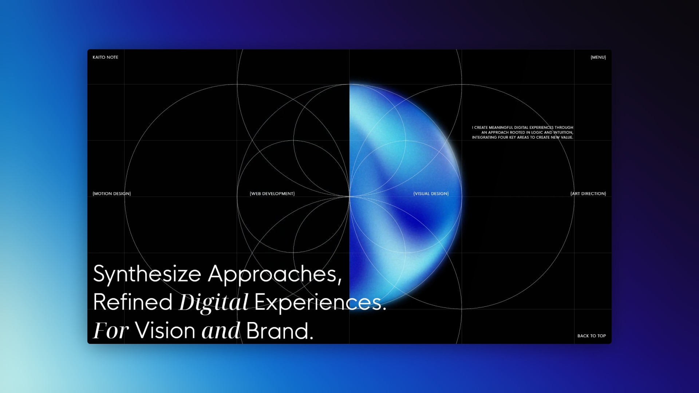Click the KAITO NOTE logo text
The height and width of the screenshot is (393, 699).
pyautogui.click(x=105, y=57)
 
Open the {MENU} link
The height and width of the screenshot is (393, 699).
pyautogui.click(x=598, y=57)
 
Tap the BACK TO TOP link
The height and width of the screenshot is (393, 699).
pyautogui.click(x=592, y=336)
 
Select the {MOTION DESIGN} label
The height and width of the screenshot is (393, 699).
pyautogui.click(x=112, y=194)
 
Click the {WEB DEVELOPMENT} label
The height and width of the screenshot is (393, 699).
pyautogui.click(x=272, y=194)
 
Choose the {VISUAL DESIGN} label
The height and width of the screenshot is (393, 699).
pyautogui.click(x=431, y=194)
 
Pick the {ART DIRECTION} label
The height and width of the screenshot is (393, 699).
pyautogui.click(x=588, y=194)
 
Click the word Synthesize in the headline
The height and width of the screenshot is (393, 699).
pyautogui.click(x=147, y=274)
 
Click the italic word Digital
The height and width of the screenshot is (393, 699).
pyautogui.click(x=214, y=303)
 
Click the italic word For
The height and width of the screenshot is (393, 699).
pyautogui.click(x=111, y=330)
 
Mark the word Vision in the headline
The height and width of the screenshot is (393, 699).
pyautogui.click(x=165, y=330)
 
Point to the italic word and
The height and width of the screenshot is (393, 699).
pyautogui.click(x=221, y=330)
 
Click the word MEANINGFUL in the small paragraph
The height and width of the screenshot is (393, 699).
pyautogui.click(x=501, y=128)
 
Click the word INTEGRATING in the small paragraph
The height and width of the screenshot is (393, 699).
pyautogui.click(x=485, y=138)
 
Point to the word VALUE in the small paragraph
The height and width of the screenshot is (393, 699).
pyautogui.click(x=566, y=138)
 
